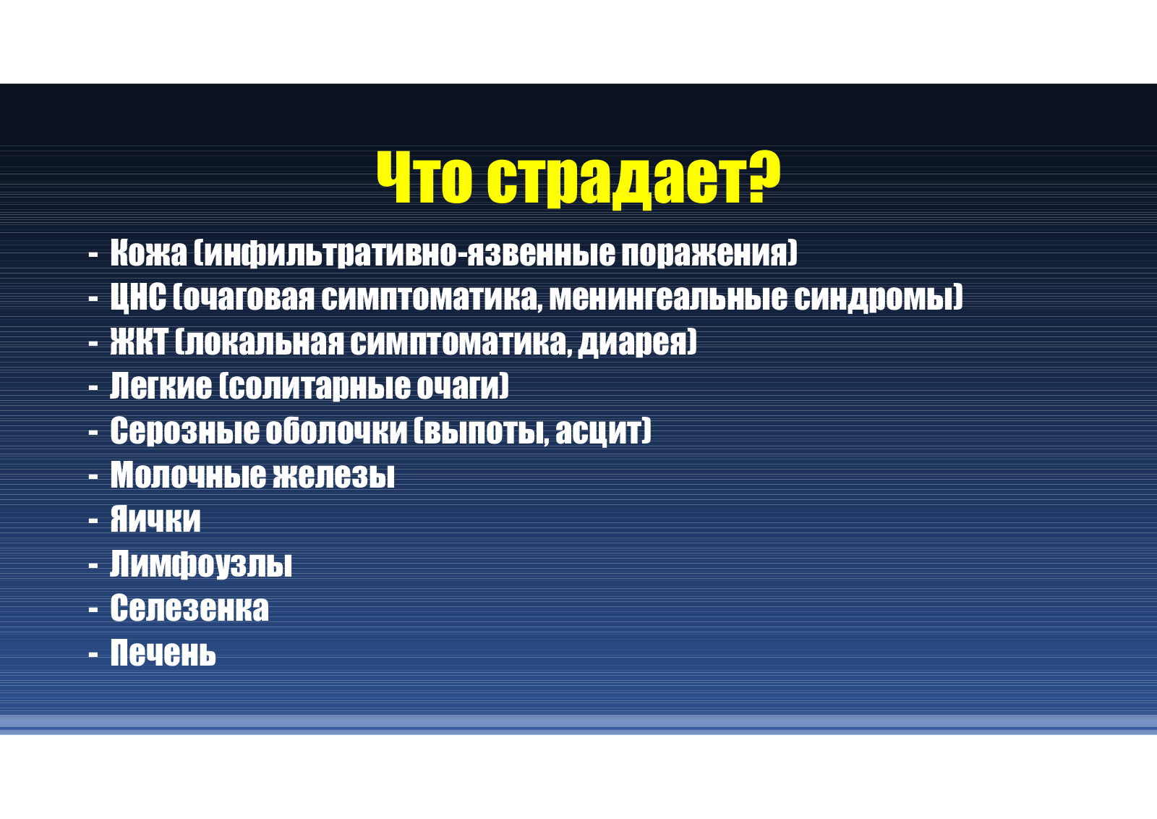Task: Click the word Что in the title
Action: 424,177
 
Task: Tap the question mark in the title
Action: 762,177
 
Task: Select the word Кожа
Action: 148,253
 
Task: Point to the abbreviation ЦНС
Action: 138,298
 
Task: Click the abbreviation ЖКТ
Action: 139,341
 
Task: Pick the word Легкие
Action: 161,386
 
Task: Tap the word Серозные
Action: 184,431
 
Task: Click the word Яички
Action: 155,519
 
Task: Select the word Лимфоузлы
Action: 201,564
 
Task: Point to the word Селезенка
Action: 189,608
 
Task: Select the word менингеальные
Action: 668,297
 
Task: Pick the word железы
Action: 333,475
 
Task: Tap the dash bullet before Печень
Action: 93,654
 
